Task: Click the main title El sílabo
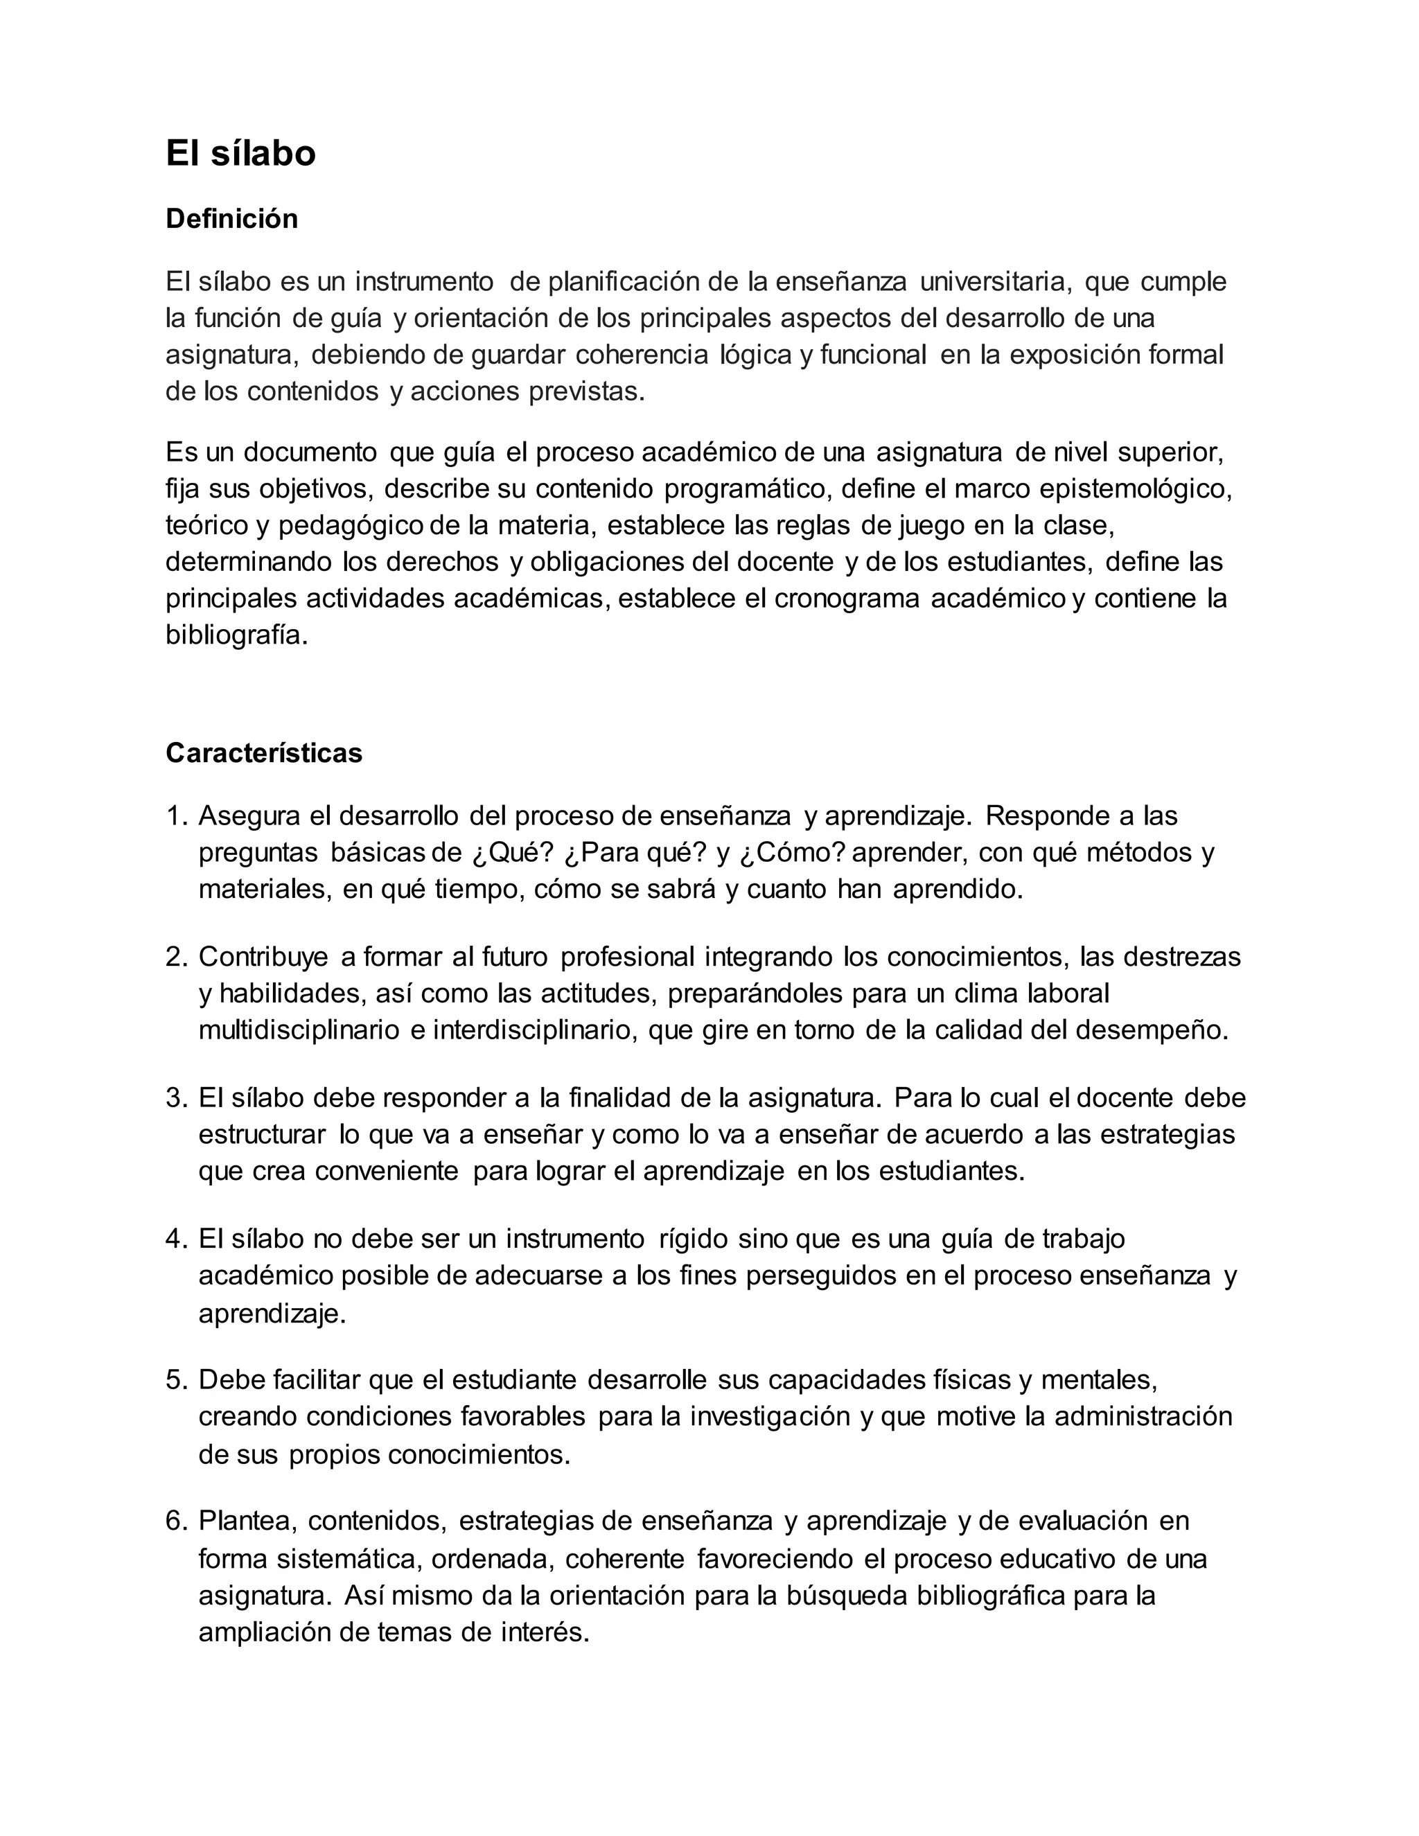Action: point(240,154)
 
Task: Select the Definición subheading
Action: point(231,218)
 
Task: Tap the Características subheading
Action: point(264,752)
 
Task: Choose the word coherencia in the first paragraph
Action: point(642,355)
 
